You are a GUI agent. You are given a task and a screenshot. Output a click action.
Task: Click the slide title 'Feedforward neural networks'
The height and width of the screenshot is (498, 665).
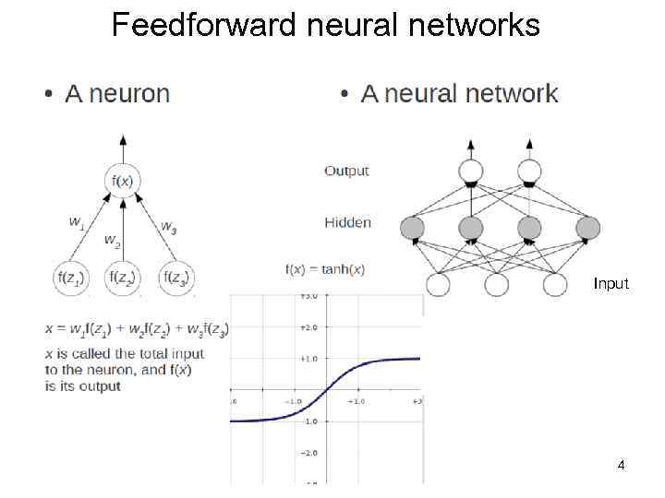[325, 25]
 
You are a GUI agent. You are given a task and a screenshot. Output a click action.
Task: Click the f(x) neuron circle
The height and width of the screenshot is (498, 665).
[123, 181]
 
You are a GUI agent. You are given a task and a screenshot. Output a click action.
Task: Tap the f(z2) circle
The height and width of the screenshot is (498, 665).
[123, 278]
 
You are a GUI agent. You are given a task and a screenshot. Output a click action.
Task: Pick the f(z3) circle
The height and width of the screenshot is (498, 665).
[175, 278]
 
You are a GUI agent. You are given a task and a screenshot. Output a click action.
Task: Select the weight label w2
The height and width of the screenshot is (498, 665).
[112, 242]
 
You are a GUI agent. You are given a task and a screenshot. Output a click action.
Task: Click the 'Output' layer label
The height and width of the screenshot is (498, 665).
[346, 171]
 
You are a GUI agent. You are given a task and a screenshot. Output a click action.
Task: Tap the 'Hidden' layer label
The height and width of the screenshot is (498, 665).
[347, 222]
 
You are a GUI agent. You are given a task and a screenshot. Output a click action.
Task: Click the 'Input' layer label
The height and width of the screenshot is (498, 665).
[611, 284]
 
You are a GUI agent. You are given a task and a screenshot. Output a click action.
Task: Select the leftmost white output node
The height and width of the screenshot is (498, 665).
[471, 171]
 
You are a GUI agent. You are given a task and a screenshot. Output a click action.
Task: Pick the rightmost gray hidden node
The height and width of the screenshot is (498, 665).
[587, 228]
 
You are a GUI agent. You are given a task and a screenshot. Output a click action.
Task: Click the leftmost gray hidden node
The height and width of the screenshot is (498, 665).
[413, 228]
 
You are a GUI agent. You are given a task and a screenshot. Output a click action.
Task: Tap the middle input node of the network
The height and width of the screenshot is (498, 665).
[497, 284]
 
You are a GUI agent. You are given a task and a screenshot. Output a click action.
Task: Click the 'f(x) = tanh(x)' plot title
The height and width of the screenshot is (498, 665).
[325, 269]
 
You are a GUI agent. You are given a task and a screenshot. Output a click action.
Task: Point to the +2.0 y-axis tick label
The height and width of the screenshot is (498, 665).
[308, 326]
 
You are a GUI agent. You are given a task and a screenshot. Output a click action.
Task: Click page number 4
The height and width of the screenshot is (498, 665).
[622, 466]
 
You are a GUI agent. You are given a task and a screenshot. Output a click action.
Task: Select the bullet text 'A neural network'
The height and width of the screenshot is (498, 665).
[459, 93]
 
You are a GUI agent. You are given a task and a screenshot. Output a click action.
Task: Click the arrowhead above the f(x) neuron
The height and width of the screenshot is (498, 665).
[123, 140]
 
